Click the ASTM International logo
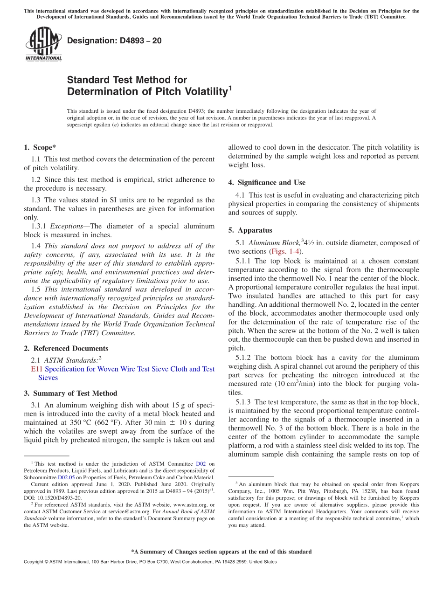[x=43, y=45]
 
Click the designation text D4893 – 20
[x=114, y=41]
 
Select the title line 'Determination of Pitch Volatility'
[x=147, y=91]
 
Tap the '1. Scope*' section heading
[x=40, y=148]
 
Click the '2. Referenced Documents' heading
[x=66, y=348]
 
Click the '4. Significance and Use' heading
[x=267, y=182]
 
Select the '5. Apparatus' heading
[x=250, y=230]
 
